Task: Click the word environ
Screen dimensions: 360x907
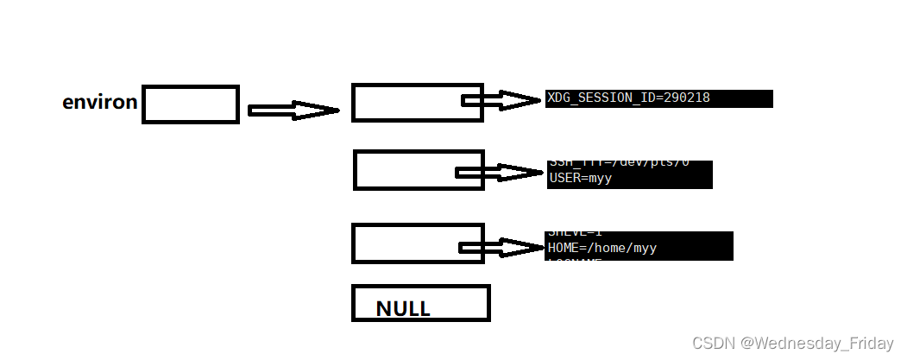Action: (99, 103)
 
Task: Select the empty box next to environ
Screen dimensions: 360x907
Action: (190, 104)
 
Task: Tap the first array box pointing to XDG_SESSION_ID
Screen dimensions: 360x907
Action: (406, 103)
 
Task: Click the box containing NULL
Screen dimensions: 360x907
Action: (420, 303)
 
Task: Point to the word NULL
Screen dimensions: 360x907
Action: (403, 309)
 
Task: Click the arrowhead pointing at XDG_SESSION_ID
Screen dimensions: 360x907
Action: (522, 101)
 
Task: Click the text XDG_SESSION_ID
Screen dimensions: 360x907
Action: (599, 98)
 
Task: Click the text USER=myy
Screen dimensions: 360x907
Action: (580, 178)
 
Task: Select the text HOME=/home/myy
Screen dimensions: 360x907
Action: (602, 248)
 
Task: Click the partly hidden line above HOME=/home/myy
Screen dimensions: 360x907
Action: (574, 234)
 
